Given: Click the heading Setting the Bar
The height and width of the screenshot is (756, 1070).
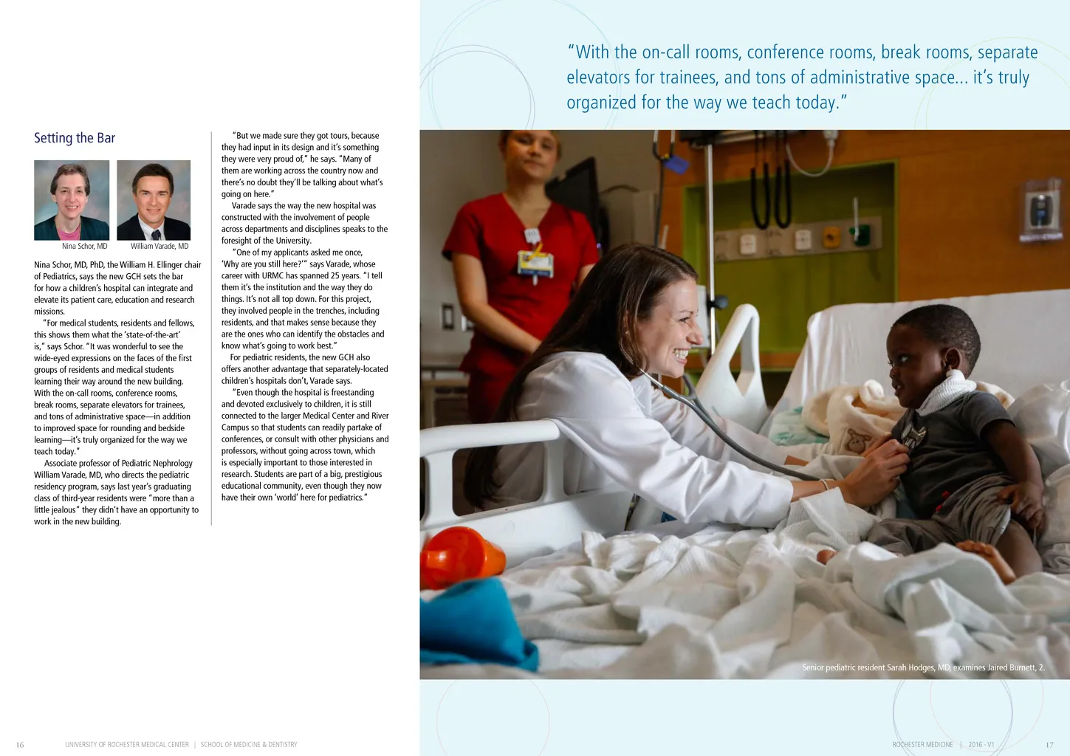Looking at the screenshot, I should point(75,138).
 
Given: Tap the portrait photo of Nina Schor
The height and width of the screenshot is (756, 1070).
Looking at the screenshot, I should point(72,200).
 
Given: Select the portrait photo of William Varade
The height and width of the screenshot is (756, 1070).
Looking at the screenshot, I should point(154,200).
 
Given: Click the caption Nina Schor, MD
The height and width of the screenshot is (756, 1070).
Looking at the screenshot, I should point(84,247).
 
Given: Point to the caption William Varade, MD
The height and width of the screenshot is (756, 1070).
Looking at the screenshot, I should point(160,247).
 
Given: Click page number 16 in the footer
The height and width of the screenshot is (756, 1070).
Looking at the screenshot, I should point(20,745).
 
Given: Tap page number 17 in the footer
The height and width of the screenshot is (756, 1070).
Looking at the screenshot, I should point(1049,745).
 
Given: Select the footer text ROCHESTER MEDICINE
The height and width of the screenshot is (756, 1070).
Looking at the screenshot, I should point(922,745).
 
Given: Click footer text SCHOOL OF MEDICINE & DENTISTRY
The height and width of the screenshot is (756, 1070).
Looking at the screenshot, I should point(249,745).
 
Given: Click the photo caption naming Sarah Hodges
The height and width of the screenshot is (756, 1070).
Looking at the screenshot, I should point(923,667).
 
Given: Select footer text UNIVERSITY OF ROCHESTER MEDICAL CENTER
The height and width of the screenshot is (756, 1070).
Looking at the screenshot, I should point(127,745).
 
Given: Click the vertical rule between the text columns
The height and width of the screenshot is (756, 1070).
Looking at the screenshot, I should point(212,329).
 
